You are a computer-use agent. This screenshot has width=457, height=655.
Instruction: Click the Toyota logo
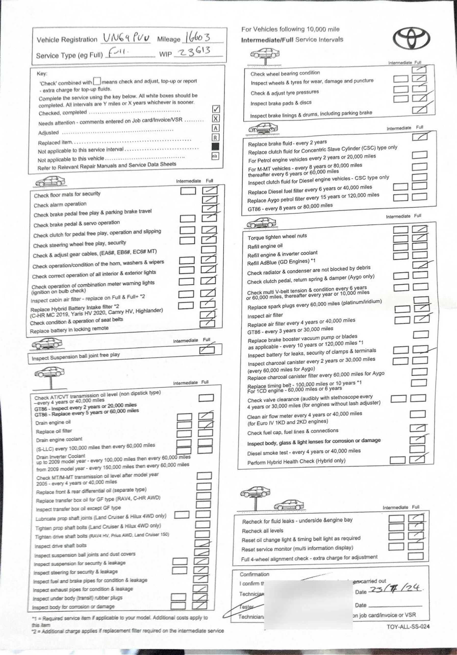coord(411,39)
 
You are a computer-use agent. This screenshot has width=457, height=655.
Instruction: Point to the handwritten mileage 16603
coord(198,37)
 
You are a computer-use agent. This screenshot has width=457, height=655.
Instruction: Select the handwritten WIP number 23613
coord(194,52)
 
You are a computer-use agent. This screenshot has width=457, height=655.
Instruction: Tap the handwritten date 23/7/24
coord(395,588)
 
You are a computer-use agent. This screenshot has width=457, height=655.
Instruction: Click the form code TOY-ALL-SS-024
coord(408,626)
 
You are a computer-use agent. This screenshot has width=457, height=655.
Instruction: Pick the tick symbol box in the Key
coord(216,109)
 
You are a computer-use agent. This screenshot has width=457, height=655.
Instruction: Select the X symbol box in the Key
coord(216,119)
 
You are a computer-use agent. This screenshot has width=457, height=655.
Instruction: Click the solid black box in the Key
coord(215,147)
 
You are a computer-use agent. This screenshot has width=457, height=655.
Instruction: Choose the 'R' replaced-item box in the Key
coord(215,138)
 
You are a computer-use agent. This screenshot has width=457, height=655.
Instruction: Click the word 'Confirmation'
coord(254,574)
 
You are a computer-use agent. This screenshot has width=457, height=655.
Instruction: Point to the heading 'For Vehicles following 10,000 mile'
coord(290,29)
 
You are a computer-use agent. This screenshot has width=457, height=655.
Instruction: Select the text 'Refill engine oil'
coord(265,246)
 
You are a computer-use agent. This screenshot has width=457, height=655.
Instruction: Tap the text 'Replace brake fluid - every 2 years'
coord(287,143)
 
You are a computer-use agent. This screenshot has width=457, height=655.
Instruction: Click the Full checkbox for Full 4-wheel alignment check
coord(415,556)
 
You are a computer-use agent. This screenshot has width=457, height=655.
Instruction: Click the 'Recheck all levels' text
coord(262,531)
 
